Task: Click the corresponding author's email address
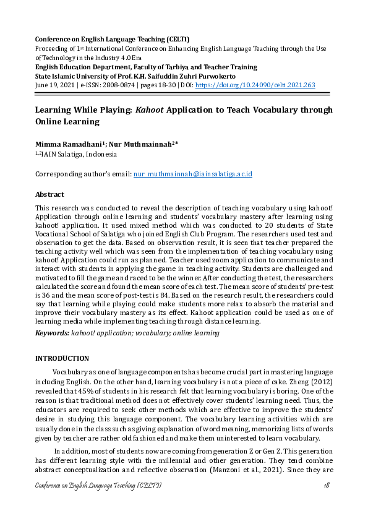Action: tap(193, 175)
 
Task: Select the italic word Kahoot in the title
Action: tap(151, 110)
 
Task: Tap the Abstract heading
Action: tap(49, 194)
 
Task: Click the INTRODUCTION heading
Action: tap(62, 358)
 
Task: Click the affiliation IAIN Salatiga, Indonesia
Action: tap(78, 154)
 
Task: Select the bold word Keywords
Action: tap(52, 333)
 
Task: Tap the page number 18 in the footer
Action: tap(327, 486)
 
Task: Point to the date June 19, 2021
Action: tap(55, 85)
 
